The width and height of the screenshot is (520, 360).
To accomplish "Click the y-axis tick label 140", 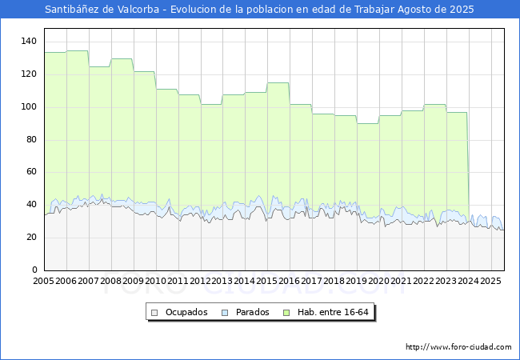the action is click(29, 41).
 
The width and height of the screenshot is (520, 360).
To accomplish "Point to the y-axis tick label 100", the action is click(29, 106).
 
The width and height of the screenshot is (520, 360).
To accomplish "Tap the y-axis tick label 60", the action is click(31, 172).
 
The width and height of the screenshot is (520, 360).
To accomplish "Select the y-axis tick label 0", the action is click(34, 270).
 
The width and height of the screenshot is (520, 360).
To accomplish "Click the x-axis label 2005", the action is click(43, 281).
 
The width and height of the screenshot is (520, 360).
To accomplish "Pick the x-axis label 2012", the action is click(200, 281).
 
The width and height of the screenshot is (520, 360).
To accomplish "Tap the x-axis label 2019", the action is click(357, 281).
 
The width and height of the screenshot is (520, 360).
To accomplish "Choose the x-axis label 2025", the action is click(490, 281).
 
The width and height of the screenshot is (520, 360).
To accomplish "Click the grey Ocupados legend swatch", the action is click(154, 313).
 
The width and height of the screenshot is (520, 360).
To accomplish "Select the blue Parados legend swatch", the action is click(225, 313).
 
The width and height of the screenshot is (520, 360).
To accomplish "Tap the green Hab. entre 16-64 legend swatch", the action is click(286, 313).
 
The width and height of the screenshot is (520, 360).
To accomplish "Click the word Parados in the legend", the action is click(252, 312).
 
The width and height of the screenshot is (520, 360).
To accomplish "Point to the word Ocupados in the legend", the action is click(186, 312).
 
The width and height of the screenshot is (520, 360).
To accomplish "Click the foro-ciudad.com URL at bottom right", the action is click(458, 347).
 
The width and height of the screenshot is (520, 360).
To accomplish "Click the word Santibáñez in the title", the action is click(72, 10).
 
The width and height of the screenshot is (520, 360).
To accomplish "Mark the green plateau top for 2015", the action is click(278, 83).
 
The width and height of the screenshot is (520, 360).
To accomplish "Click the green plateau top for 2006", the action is click(78, 51).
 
